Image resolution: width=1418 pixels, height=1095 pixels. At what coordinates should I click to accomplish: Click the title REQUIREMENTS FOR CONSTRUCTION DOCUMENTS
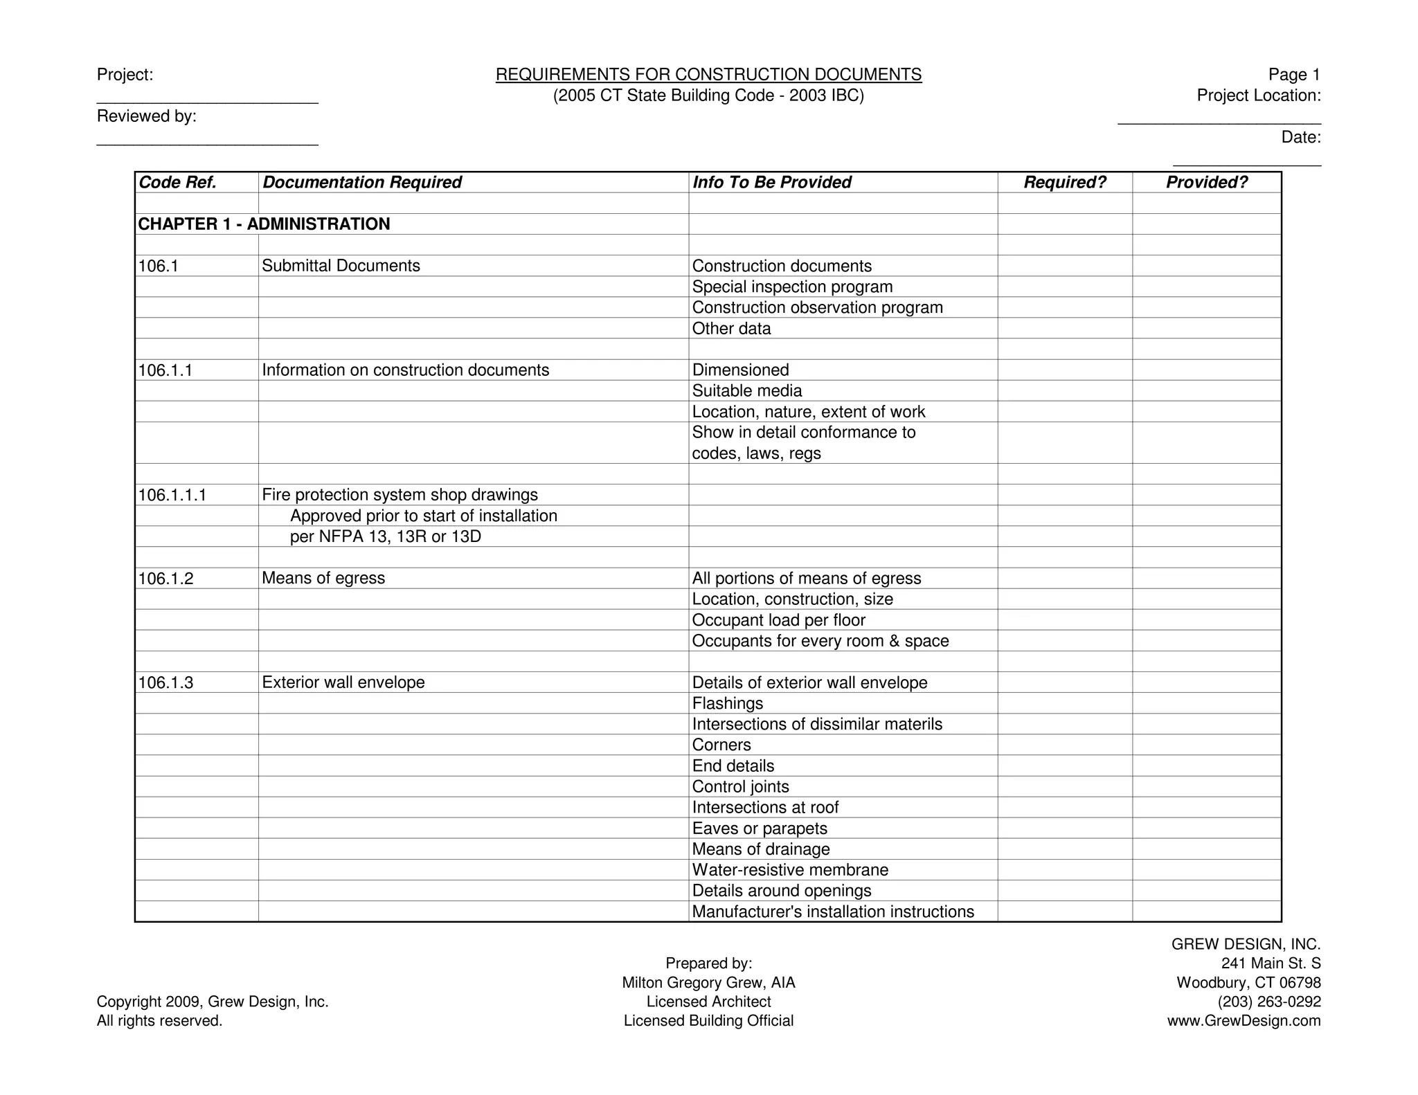point(708,75)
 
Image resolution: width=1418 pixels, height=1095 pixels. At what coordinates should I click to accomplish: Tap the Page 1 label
point(1293,75)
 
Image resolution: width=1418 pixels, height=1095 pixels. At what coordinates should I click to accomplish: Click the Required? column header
point(1064,182)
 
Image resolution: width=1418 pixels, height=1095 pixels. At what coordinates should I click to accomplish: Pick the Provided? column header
point(1206,182)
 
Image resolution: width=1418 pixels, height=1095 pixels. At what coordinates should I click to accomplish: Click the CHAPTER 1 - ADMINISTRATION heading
point(264,224)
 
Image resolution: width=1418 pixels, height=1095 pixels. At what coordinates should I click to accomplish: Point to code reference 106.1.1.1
point(172,495)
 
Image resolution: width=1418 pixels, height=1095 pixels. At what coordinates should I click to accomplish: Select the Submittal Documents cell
point(341,266)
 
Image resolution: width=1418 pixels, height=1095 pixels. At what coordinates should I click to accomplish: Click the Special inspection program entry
point(792,287)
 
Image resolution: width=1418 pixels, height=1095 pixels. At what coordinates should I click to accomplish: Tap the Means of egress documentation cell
point(323,578)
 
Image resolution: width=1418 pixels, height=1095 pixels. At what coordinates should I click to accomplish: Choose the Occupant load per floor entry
point(778,620)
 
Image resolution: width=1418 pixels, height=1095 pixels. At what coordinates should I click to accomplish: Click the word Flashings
point(727,703)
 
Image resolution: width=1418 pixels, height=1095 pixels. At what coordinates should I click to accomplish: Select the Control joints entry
point(740,787)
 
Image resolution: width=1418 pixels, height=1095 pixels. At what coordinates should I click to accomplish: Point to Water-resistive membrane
point(789,870)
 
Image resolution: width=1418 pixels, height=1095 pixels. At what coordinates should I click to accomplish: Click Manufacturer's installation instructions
point(832,912)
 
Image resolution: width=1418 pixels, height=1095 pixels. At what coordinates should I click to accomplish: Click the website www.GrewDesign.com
point(1244,1021)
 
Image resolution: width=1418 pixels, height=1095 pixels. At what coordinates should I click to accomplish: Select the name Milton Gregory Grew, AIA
point(708,983)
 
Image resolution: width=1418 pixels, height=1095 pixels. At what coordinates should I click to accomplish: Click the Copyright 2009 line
point(213,1002)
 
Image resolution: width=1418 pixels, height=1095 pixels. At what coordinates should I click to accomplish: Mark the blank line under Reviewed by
point(207,143)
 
